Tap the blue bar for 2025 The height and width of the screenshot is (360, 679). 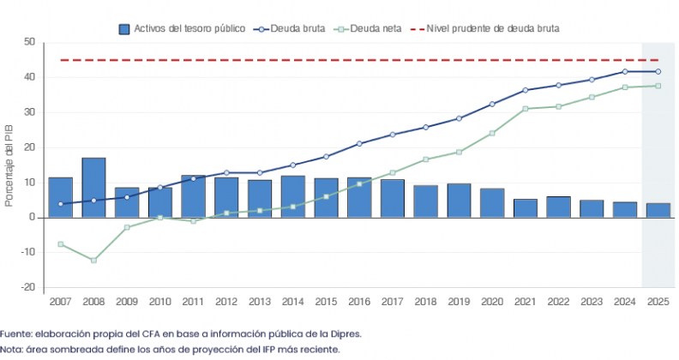(x=658, y=210)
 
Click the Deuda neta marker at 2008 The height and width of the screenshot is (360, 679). (x=93, y=260)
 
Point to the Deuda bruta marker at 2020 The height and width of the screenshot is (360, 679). (x=491, y=104)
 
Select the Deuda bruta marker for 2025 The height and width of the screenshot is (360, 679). (x=658, y=71)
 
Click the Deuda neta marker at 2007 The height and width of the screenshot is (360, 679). (x=60, y=244)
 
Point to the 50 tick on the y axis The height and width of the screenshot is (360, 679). (x=30, y=42)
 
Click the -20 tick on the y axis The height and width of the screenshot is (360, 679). (x=28, y=287)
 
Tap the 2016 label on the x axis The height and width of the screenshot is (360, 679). (x=358, y=302)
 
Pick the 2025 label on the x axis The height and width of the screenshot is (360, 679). (x=658, y=302)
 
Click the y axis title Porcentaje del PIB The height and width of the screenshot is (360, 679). (x=9, y=165)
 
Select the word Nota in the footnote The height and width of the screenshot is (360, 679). (x=12, y=349)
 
